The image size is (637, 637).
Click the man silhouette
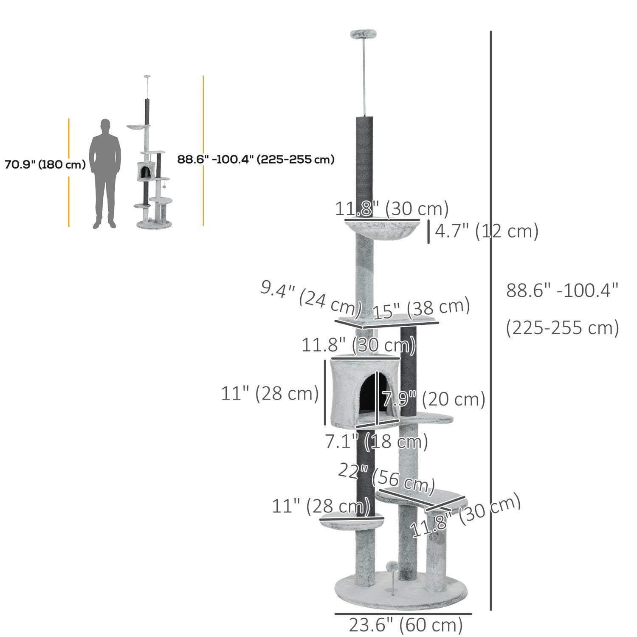coord(105,174)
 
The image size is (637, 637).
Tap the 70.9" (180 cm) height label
coord(45,165)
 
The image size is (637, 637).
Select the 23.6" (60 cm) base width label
coord(406,625)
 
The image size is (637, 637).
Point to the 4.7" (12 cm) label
coord(486,232)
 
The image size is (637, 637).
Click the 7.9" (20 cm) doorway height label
coord(433,399)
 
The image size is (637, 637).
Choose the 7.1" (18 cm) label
coord(376,442)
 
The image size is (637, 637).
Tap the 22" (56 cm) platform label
coord(386,480)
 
